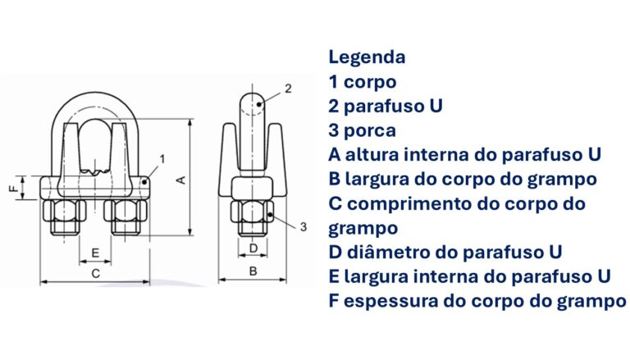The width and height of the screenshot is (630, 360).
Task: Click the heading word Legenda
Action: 367,57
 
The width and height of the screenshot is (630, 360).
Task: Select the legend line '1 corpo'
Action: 363,82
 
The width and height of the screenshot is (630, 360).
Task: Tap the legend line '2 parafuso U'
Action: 386,107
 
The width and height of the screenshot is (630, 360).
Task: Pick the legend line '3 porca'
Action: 363,130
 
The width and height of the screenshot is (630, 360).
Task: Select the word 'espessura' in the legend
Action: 382,300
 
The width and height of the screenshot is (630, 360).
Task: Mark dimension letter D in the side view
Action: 253,247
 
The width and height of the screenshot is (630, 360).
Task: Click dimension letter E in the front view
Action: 95,252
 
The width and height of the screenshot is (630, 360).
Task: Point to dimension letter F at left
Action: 11,188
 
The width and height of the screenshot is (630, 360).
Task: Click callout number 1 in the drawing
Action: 162,157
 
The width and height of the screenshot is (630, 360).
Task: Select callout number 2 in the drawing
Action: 288,88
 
